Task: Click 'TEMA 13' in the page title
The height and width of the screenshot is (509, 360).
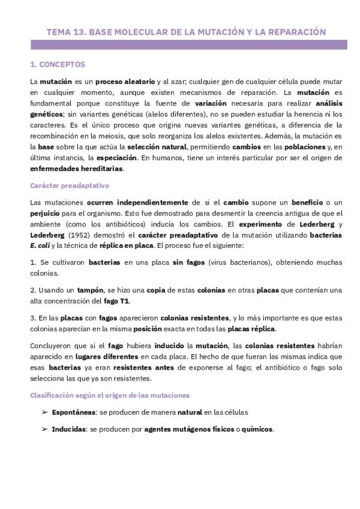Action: click(65, 31)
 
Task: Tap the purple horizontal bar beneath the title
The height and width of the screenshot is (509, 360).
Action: click(188, 44)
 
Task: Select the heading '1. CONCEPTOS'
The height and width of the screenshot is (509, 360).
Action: click(57, 64)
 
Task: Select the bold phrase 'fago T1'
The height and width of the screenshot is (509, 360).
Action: click(117, 301)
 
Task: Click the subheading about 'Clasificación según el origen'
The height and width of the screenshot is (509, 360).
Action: click(109, 395)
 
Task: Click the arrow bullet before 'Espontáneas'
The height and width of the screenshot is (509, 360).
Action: click(44, 412)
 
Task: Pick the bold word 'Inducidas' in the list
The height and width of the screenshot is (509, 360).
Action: click(68, 430)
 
